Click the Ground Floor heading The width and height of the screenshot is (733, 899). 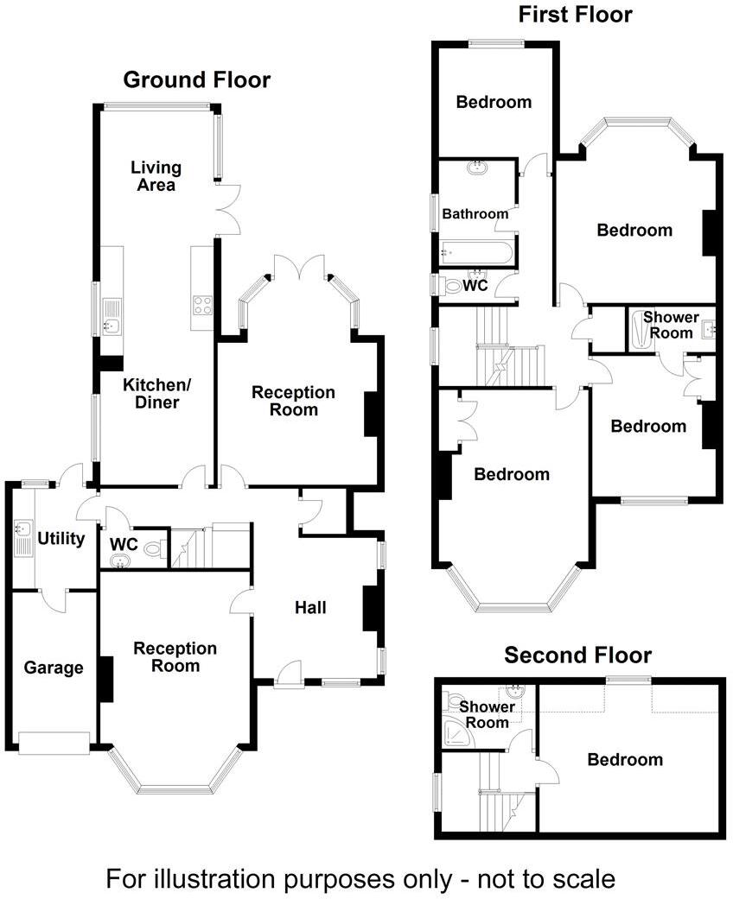196,80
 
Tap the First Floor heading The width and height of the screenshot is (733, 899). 575,15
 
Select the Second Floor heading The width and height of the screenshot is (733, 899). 577,655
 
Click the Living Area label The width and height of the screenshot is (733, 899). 156,176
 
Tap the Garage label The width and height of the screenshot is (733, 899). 54,668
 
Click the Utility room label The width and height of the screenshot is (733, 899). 61,540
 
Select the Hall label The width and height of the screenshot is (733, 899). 310,608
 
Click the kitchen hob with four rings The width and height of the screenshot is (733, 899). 202,305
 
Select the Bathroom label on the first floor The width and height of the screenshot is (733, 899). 475,214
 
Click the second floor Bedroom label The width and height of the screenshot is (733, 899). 625,760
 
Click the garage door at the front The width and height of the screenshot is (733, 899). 54,742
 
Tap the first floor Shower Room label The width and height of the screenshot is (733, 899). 670,326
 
